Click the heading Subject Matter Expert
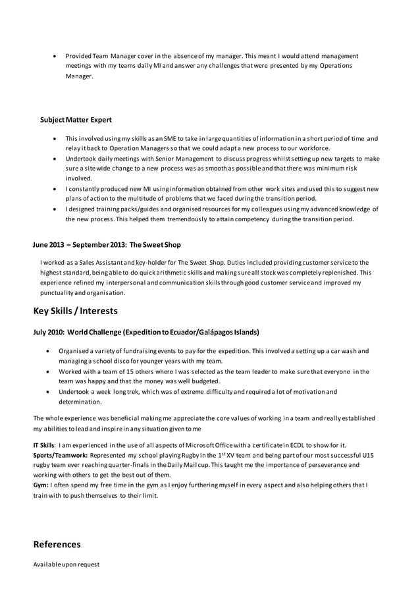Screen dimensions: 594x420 point(76,120)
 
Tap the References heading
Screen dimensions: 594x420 point(57,544)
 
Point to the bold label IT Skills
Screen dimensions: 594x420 point(44,445)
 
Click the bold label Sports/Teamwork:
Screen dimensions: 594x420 point(61,455)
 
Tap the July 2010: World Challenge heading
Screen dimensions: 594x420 point(145,332)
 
